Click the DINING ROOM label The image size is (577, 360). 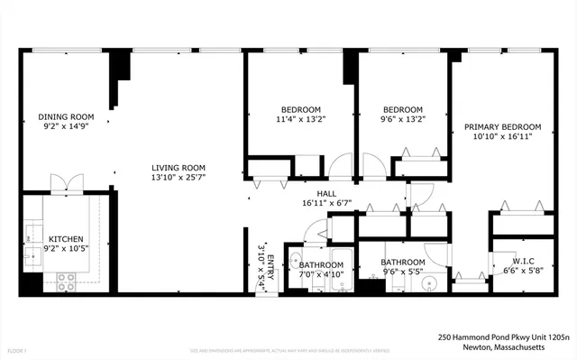(66, 116)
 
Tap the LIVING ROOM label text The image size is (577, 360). (179, 168)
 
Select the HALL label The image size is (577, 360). (326, 193)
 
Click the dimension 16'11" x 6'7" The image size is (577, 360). (326, 203)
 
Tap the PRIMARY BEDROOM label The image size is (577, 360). (502, 126)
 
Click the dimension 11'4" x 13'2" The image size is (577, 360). (300, 119)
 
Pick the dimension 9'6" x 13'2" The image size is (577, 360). (402, 119)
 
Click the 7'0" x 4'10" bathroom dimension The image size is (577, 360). (321, 274)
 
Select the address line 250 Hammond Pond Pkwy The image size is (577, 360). (504, 336)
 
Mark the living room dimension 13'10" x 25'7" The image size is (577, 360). (179, 178)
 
